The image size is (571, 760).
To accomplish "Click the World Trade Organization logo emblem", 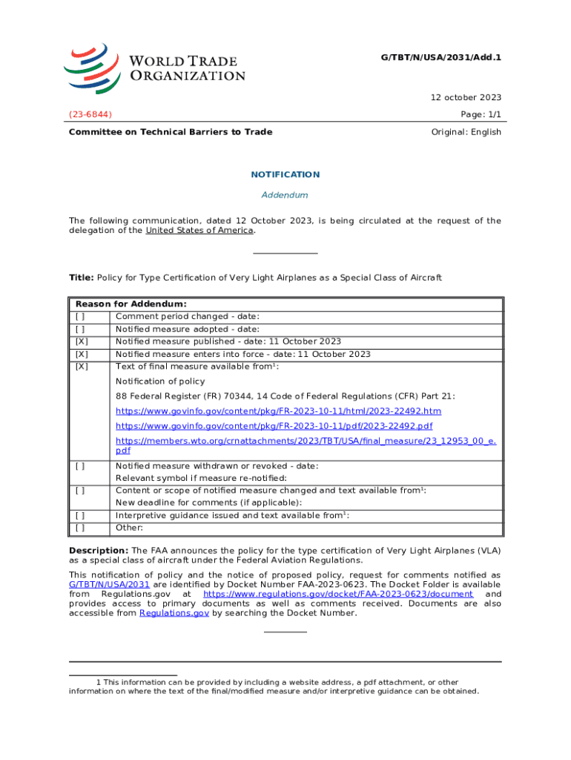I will click(x=92, y=65).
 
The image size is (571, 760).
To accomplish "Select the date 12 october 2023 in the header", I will click(x=466, y=97).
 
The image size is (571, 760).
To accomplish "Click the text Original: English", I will click(x=466, y=132).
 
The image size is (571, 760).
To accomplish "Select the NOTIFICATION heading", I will click(x=285, y=174).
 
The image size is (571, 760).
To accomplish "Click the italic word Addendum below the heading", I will click(x=285, y=195).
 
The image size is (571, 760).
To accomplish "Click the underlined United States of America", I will click(x=199, y=230).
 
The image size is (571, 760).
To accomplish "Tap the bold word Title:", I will click(x=81, y=278).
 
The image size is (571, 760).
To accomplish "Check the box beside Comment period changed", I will click(x=79, y=317).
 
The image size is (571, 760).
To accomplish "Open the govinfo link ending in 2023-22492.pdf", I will click(x=274, y=426).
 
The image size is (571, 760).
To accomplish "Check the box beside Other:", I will click(x=79, y=528).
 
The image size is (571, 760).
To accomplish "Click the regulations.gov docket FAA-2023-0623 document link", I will click(x=338, y=594).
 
